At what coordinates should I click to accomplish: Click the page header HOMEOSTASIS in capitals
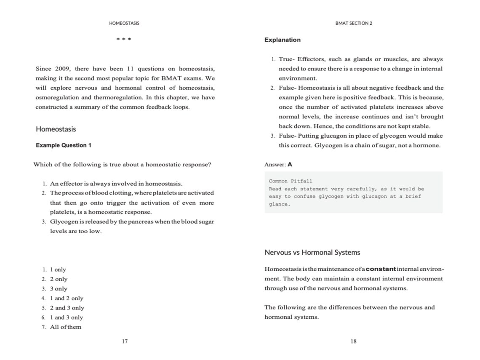(124, 23)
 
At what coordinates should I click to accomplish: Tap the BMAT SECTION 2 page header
(354, 23)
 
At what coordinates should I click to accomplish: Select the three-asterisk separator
(124, 40)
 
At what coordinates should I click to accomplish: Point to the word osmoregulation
(55, 97)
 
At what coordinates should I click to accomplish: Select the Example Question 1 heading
(63, 145)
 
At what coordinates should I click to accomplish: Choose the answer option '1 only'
(58, 269)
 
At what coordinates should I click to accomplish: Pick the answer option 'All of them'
(66, 327)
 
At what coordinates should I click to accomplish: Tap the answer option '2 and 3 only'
(67, 308)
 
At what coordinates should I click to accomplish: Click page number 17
(125, 341)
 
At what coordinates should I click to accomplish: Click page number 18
(353, 341)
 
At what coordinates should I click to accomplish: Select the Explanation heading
(283, 40)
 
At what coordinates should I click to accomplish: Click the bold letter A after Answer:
(290, 164)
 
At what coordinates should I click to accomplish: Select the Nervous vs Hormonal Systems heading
(312, 253)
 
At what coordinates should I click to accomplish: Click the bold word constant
(381, 269)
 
